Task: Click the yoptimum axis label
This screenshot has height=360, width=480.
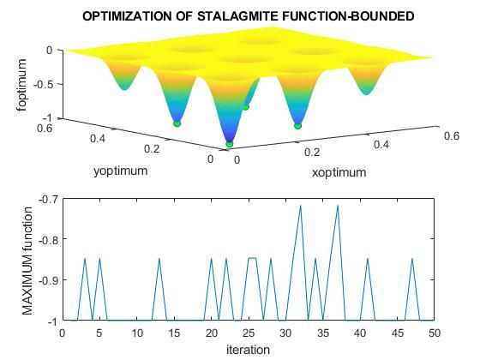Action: [x=120, y=171]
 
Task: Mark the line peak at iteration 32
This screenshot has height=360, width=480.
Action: [x=301, y=206]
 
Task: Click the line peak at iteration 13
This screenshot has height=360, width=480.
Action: [x=159, y=258]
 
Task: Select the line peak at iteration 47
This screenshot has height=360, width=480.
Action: [x=412, y=258]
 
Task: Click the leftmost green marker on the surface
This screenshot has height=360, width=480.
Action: [x=177, y=124]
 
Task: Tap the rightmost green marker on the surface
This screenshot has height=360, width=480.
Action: [x=298, y=126]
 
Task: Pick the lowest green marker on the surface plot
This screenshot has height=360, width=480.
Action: [x=229, y=144]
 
